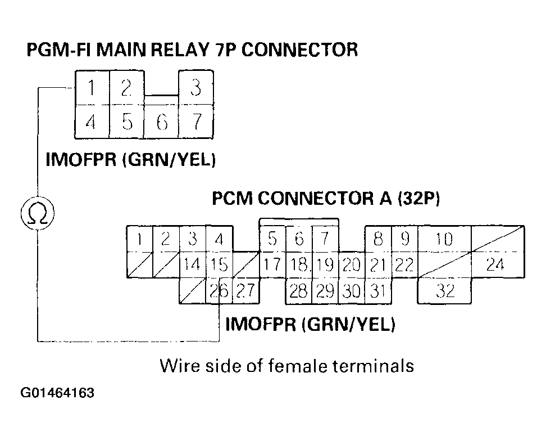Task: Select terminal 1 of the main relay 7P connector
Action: pyautogui.click(x=92, y=88)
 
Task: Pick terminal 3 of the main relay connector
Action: pyautogui.click(x=195, y=88)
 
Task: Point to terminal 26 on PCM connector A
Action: pyautogui.click(x=219, y=291)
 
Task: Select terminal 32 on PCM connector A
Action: pyautogui.click(x=445, y=291)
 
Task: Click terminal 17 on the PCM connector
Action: pyautogui.click(x=272, y=264)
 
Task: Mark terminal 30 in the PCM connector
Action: pyautogui.click(x=352, y=291)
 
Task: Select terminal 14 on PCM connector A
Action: pyautogui.click(x=192, y=264)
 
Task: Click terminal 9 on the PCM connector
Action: pyautogui.click(x=404, y=239)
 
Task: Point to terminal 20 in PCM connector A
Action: pyautogui.click(x=352, y=264)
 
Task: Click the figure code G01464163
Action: pyautogui.click(x=57, y=392)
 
